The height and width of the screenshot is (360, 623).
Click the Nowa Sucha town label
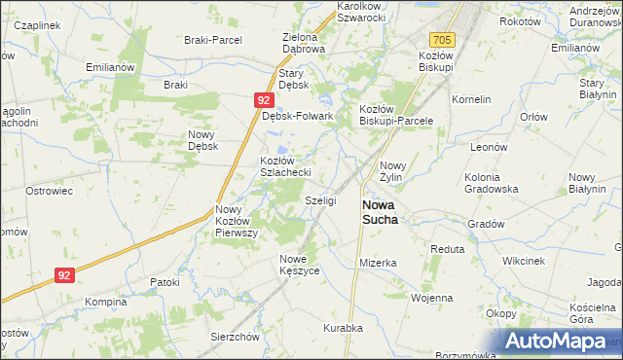pos(380,212)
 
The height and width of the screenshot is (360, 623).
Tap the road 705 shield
pos(442,39)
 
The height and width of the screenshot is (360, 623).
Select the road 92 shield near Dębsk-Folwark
pos(264,99)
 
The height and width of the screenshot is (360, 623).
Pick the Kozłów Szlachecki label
pos(284,165)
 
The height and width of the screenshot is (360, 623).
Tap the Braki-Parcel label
pos(212,40)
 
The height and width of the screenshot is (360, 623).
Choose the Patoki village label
pos(165,282)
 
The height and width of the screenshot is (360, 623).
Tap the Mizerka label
pos(378,263)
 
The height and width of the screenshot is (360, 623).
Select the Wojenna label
pos(432,298)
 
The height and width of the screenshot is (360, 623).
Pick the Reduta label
pos(448,249)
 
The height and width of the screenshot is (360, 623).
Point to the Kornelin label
pos(471,99)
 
